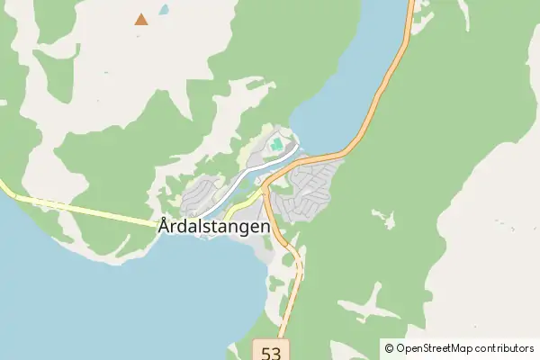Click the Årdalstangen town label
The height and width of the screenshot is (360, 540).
click(x=214, y=228)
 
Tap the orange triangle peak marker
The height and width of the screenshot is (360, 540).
click(x=141, y=18)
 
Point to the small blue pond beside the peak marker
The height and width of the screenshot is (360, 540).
click(x=164, y=11)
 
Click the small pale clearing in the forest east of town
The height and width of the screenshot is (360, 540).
click(x=382, y=217)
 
